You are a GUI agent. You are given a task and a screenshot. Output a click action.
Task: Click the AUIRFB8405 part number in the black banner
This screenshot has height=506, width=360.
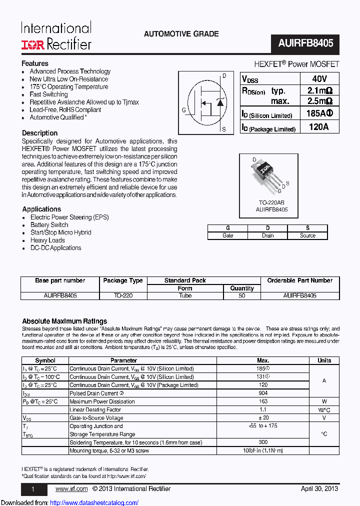tap(305, 43)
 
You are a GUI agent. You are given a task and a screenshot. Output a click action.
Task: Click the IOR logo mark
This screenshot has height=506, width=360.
tap(33, 44)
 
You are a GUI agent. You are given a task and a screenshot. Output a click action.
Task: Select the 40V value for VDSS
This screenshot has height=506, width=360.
tap(318, 78)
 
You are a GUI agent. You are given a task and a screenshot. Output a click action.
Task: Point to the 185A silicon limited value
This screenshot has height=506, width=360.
tap(318, 113)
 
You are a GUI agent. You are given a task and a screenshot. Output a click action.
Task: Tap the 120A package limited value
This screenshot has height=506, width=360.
tap(318, 127)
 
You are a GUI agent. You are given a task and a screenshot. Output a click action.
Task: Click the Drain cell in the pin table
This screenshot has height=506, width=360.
tap(267, 235)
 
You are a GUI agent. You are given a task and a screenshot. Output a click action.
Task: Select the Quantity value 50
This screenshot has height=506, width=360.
tap(242, 295)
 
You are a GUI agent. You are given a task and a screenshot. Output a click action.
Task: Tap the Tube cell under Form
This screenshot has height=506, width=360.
tap(185, 295)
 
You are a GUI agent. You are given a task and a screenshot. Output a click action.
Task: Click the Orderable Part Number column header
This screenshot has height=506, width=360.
tap(299, 280)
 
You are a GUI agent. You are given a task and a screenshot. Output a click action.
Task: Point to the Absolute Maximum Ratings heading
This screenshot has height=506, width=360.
tap(64, 321)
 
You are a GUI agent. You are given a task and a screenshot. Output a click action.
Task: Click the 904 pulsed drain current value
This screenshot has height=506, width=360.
tap(262, 393)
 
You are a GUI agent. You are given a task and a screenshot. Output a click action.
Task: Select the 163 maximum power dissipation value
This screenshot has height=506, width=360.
tap(262, 401)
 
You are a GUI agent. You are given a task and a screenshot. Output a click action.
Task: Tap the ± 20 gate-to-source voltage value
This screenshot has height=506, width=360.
tap(262, 417)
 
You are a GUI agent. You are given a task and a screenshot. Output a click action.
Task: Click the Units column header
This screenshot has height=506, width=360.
tap(324, 360)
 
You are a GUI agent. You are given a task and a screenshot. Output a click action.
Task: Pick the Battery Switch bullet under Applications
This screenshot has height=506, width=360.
tap(49, 225)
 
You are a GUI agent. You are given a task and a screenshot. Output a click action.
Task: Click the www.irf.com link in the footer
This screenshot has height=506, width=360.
tap(71, 488)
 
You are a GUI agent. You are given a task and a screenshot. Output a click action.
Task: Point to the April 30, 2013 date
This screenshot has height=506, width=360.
tap(319, 488)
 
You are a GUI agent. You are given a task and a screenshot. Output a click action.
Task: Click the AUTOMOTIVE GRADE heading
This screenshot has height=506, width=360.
tap(181, 34)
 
